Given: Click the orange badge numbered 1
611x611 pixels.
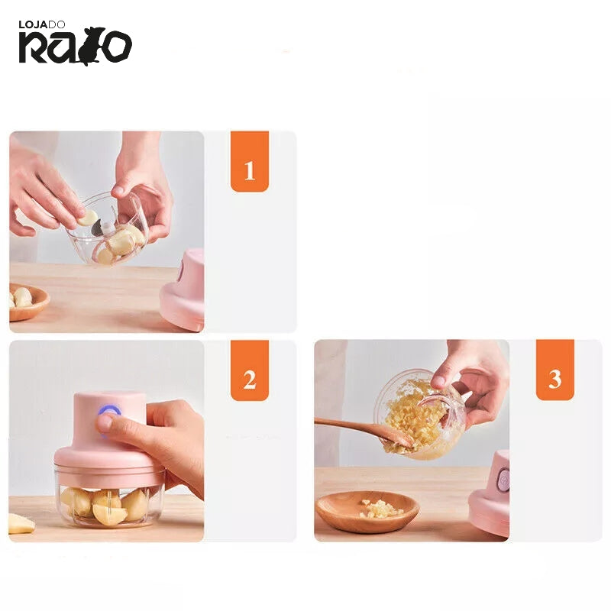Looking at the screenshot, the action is (x=250, y=161).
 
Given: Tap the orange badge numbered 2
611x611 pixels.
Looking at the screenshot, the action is (x=250, y=370).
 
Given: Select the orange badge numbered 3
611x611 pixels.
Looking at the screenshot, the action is (x=555, y=370).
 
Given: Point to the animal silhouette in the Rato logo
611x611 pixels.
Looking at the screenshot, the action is (x=92, y=46).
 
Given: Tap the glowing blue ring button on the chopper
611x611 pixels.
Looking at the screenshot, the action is (x=109, y=412).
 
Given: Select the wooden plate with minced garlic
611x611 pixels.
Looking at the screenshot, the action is (x=367, y=511).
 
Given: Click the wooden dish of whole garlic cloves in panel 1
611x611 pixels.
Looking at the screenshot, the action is (x=27, y=301).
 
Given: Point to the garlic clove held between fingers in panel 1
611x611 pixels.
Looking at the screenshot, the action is (x=88, y=218).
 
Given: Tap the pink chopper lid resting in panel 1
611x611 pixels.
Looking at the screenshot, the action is (x=183, y=289).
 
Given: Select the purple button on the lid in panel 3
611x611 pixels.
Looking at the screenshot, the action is (x=504, y=480).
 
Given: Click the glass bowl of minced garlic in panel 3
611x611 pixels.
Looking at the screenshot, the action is (x=419, y=414).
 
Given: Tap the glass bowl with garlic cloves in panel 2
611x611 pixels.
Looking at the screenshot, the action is (x=108, y=501).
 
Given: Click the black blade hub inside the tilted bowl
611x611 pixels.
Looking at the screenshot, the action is (x=99, y=228).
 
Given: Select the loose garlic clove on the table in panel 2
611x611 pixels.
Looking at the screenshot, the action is (x=21, y=523).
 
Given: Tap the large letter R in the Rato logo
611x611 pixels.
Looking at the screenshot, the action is (x=33, y=47).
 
